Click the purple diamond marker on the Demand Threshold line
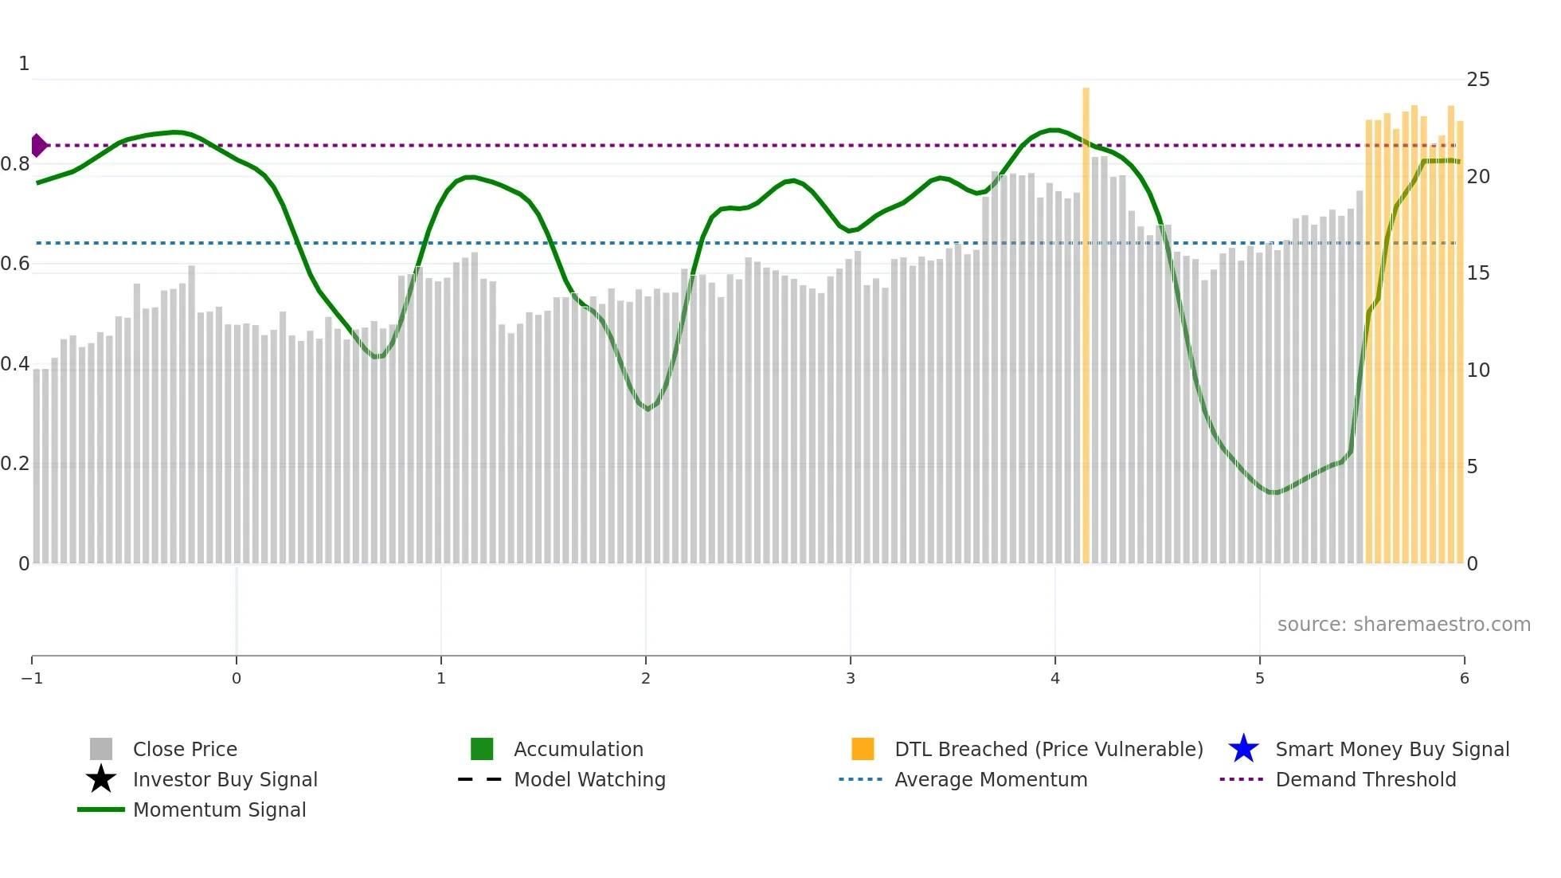point(38,146)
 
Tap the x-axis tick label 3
point(851,679)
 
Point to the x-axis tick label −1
point(32,679)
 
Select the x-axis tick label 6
point(1464,679)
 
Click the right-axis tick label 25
point(1478,80)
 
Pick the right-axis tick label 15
point(1478,273)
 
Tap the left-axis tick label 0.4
point(15,364)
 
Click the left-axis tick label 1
point(24,64)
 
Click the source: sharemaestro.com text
point(1403,625)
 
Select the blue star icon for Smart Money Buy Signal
point(1243,749)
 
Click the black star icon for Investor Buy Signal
point(101,779)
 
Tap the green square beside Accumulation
point(482,749)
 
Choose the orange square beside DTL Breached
point(863,749)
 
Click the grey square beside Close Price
point(101,749)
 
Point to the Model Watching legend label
point(589,779)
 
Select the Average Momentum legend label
point(991,779)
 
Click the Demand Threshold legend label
point(1365,779)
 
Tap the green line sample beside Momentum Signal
point(101,809)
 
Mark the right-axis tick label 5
point(1472,467)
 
